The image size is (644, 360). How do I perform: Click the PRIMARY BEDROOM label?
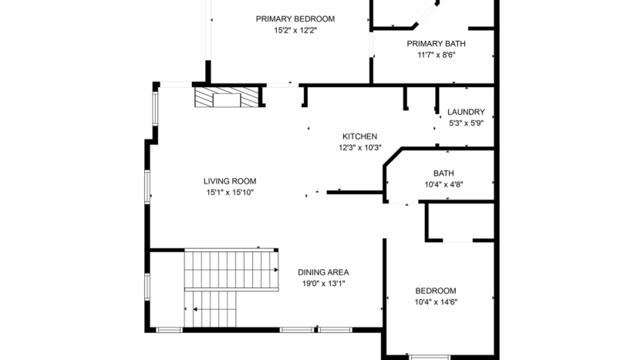295,19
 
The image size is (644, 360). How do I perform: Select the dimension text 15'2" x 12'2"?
295,31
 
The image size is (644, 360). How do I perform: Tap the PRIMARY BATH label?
436,44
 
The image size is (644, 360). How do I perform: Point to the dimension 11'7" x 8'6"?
436,56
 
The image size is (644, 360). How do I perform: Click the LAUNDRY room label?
466,112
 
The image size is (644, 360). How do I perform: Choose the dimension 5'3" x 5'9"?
466,123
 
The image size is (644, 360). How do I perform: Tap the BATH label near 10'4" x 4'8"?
443,173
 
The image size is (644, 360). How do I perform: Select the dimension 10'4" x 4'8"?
443,185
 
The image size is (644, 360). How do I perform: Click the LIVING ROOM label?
230,181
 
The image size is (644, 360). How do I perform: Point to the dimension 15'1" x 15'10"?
230,193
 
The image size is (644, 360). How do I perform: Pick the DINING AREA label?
323,272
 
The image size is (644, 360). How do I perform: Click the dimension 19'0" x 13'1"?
323,284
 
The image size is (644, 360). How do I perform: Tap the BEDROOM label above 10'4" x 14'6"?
436,291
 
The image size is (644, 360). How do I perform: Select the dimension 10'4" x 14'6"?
436,302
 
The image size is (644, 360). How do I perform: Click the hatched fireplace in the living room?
226,98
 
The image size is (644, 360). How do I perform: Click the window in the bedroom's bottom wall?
428,357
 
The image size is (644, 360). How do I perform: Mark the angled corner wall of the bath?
392,156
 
